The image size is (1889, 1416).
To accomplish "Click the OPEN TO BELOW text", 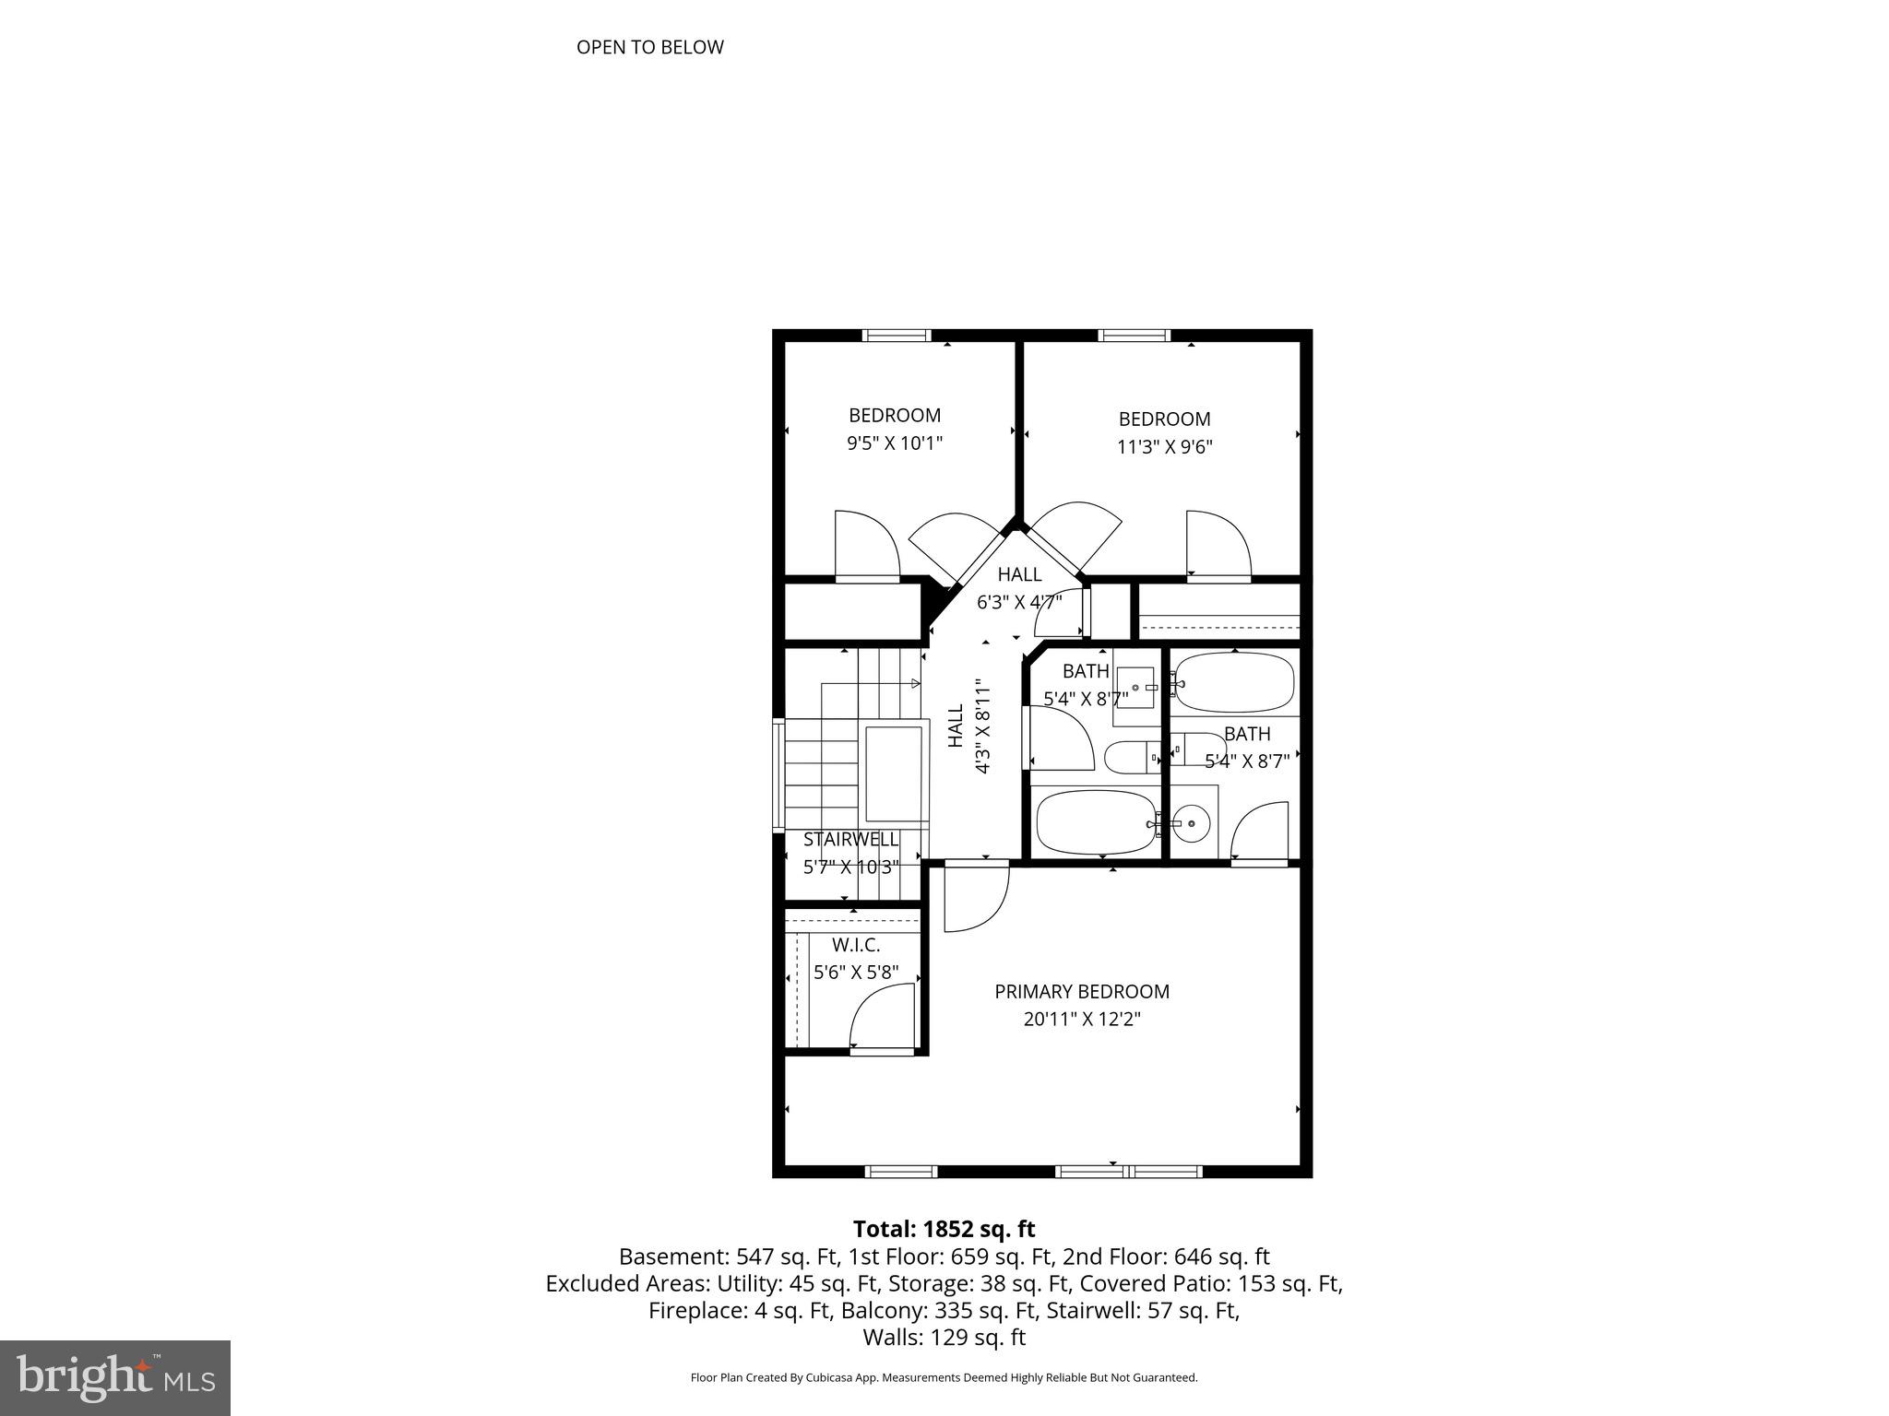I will coord(649,47).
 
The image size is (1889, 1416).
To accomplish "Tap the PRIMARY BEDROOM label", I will coord(1081,992).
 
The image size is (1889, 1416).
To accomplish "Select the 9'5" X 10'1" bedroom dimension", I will coord(895,443).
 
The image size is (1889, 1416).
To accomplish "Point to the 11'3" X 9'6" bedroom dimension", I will coord(1164,447).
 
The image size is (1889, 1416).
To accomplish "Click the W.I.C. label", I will coord(856,945).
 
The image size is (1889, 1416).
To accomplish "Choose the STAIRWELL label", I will coord(850,839).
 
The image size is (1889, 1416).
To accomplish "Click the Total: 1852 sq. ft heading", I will coord(944,1229).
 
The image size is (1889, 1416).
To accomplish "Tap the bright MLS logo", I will coord(115,1378).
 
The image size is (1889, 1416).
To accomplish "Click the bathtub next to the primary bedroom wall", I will coord(1094,822).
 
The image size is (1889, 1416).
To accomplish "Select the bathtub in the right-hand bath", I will coord(1235,682).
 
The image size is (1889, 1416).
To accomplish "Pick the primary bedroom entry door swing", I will coord(976,897).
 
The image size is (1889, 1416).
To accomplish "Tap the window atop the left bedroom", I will coord(897,336).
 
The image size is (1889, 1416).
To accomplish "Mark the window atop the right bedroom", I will coord(1135,336).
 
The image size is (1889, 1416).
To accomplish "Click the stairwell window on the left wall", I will coord(778,776).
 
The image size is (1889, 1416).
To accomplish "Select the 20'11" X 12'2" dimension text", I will coord(1082,1020).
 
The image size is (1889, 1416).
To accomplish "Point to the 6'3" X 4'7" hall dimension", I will coord(1019,602).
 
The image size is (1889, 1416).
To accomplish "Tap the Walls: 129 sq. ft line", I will coord(944,1337).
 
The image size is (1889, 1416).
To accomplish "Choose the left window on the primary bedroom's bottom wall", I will coord(901,1172).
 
